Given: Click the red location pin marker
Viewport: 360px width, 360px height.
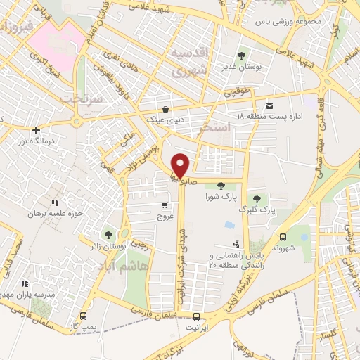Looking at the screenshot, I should click(180, 165).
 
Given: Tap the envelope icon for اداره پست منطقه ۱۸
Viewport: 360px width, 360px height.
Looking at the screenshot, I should click(270, 105).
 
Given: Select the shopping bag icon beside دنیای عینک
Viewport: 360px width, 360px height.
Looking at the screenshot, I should click(165, 109).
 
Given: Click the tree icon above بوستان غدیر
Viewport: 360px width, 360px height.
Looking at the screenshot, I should click(242, 54).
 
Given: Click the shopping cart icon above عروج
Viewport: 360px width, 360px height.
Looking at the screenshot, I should click(164, 206).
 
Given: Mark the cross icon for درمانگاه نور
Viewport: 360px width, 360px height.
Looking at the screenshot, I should click(36, 130).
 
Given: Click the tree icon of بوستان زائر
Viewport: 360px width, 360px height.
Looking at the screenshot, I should click(108, 234).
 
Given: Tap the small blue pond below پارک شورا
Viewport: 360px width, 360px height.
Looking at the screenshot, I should click(229, 226).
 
